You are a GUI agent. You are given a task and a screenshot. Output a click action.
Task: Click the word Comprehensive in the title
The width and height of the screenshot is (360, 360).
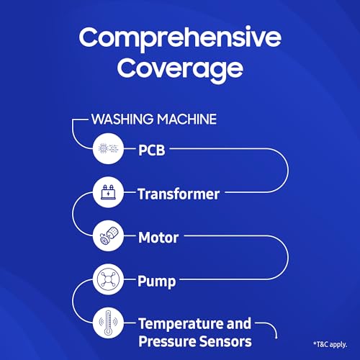pyautogui.click(x=179, y=37)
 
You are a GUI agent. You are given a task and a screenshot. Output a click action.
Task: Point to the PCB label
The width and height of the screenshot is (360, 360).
pyautogui.click(x=153, y=150)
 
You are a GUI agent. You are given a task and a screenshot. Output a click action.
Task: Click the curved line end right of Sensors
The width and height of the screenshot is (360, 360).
pyautogui.click(x=277, y=333)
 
